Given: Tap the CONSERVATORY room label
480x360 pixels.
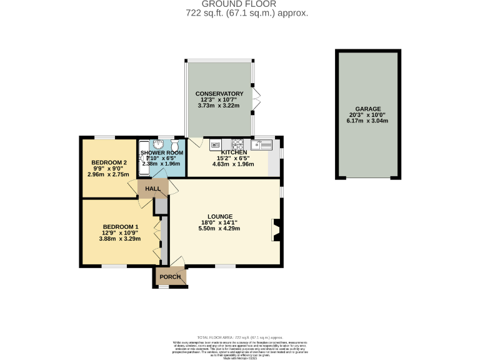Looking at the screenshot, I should coord(219,94).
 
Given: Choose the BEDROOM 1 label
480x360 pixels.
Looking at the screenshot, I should coord(121,226).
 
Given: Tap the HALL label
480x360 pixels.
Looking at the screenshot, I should coord(152,189).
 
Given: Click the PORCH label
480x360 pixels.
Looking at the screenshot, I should coord(170,277).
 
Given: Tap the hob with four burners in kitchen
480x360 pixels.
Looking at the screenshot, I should coord(237,144).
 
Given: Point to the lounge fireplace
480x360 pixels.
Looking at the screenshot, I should coord(276,229).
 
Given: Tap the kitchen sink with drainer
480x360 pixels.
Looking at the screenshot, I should coord(263,144).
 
